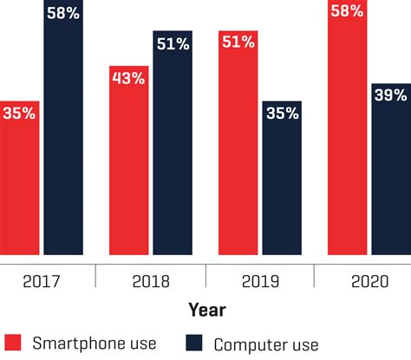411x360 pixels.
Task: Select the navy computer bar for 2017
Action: tap(63, 130)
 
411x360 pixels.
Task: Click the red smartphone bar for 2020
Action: tap(348, 130)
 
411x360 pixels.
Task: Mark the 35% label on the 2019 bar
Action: tap(281, 112)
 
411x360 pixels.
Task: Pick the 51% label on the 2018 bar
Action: tap(172, 43)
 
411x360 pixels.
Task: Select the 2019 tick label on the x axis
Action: tap(259, 280)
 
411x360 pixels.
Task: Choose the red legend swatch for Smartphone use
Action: tap(12, 343)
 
